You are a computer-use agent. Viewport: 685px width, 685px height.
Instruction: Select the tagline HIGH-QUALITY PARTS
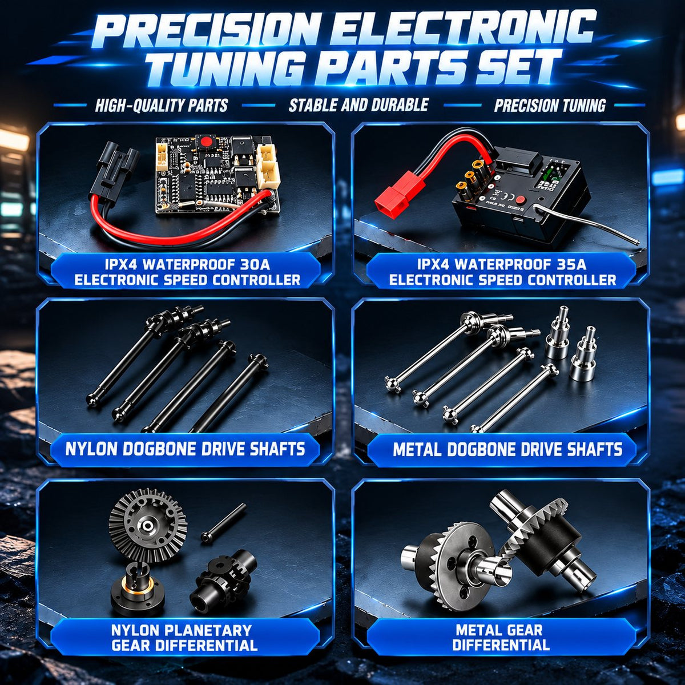pos(162,106)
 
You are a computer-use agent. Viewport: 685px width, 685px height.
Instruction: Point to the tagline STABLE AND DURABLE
pos(358,105)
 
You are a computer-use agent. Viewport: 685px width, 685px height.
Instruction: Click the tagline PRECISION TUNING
pos(550,106)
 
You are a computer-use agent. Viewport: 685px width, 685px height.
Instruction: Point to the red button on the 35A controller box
pos(520,199)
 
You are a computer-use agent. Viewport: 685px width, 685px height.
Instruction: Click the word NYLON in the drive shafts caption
pos(88,449)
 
